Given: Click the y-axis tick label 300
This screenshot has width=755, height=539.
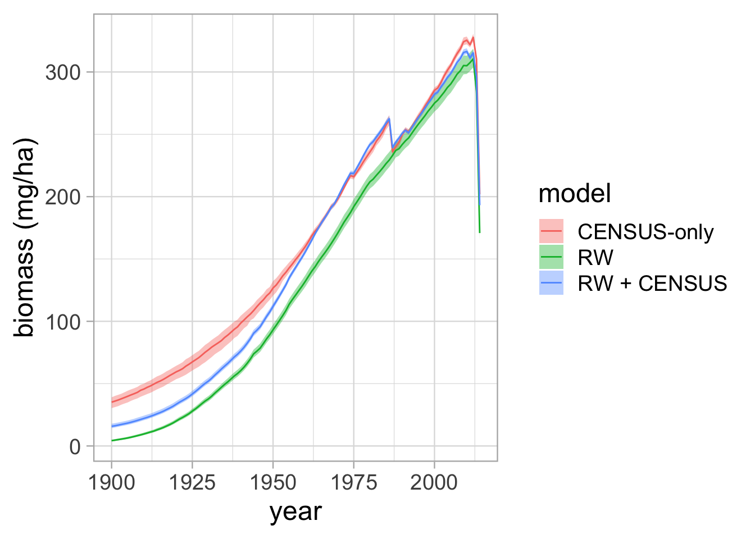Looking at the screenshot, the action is coord(63,72).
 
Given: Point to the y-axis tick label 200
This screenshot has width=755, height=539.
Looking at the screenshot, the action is coord(63,197).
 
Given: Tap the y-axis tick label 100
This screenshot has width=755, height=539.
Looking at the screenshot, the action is coord(63,322).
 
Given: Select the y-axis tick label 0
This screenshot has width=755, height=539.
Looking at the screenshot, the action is coord(75,447).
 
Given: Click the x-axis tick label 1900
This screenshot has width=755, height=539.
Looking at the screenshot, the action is coord(112,482).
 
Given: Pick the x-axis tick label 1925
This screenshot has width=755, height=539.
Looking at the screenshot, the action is coord(192,482).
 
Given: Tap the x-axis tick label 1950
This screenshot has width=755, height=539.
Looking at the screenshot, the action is coord(273,482).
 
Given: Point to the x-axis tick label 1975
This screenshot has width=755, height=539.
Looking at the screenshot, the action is coord(354,482).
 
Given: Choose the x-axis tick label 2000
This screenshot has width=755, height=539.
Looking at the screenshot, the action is coord(434,482).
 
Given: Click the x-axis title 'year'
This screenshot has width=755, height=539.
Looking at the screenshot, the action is coord(295,513).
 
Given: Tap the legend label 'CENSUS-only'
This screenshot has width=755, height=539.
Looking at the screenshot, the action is coord(646,231).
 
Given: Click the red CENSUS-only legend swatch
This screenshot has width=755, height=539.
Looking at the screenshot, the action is coord(552,231).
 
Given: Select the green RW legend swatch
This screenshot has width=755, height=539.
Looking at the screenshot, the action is coord(552,257).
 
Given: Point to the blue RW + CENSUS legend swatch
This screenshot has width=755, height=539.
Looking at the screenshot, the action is coord(552,283).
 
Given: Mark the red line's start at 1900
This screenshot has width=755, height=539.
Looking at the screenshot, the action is coord(112,402).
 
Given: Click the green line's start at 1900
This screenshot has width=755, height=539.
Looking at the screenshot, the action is coord(112,441).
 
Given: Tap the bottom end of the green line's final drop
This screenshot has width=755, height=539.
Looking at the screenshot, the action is coord(480,232).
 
